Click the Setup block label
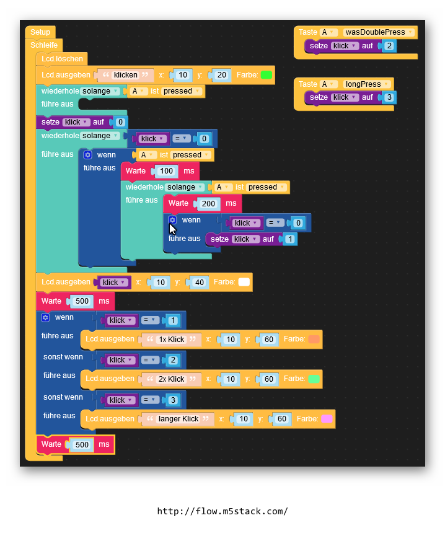pyautogui.click(x=40, y=32)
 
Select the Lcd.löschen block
pyautogui.click(x=61, y=59)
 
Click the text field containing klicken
pyautogui.click(x=126, y=75)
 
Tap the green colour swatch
pyautogui.click(x=267, y=75)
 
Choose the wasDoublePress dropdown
pyautogui.click(x=378, y=32)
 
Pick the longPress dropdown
pyautogui.click(x=368, y=84)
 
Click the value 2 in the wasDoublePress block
pyautogui.click(x=389, y=46)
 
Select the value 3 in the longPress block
pyautogui.click(x=389, y=97)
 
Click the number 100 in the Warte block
pyautogui.click(x=166, y=171)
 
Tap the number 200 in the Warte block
pyautogui.click(x=208, y=203)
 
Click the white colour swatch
pyautogui.click(x=244, y=282)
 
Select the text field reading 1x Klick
pyautogui.click(x=172, y=340)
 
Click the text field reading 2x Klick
pyautogui.click(x=172, y=379)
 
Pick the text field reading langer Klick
pyautogui.click(x=178, y=419)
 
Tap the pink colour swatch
pyautogui.click(x=327, y=419)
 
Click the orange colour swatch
pyautogui.click(x=314, y=340)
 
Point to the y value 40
pyautogui.click(x=199, y=283)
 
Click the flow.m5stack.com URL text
pyautogui.click(x=222, y=511)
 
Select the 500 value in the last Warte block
pyautogui.click(x=82, y=444)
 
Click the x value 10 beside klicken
pyautogui.click(x=183, y=75)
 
